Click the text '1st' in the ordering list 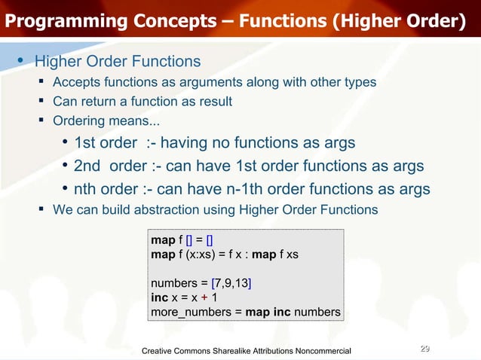(x=90, y=143)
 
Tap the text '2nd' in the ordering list (x=91, y=166)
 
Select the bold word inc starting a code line (x=159, y=297)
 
